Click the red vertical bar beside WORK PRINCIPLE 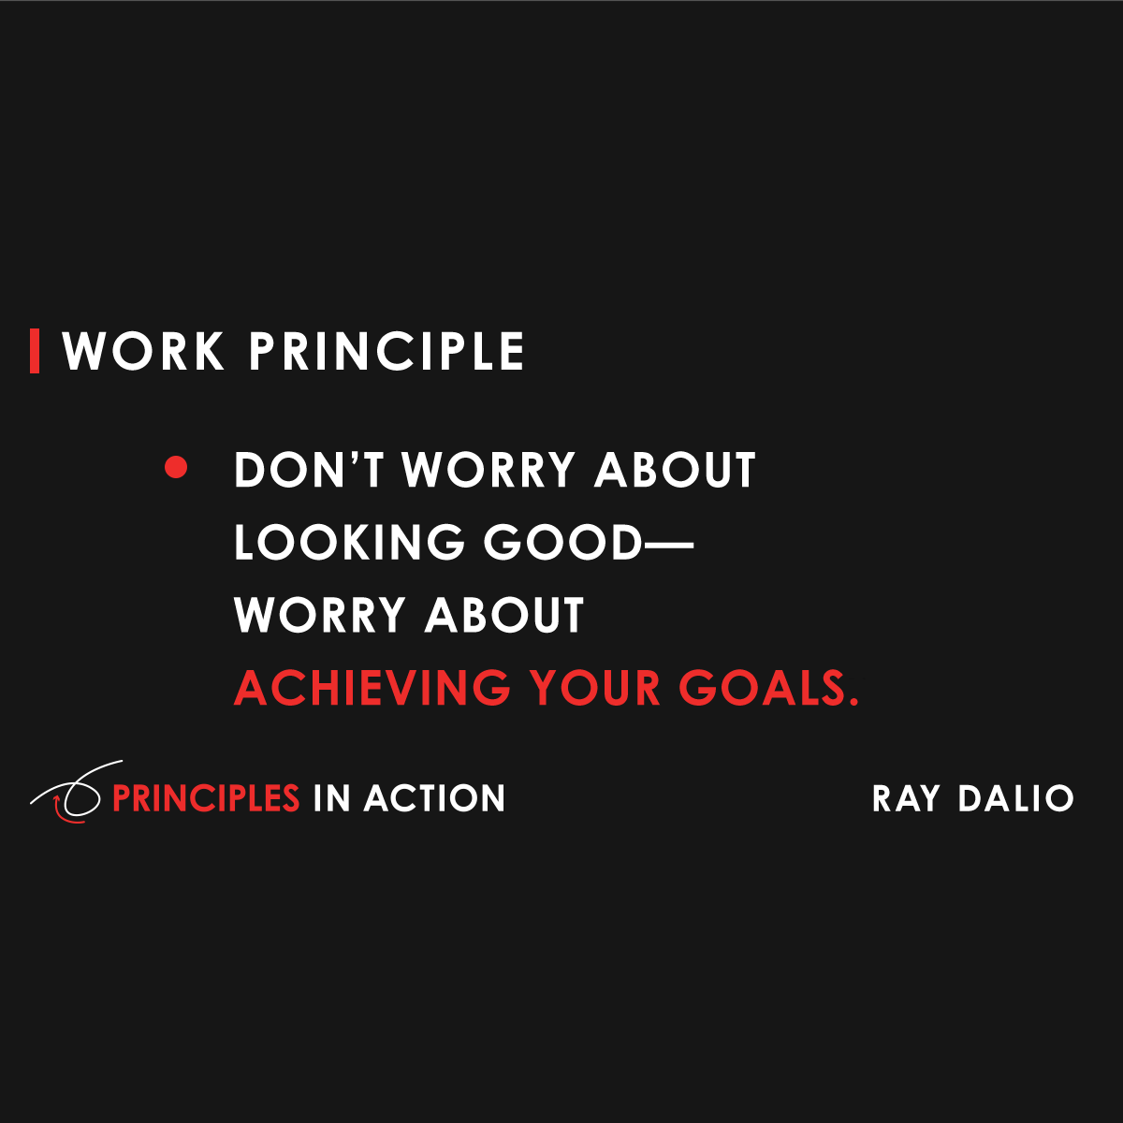(x=35, y=351)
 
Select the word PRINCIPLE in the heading (x=386, y=352)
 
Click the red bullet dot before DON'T (x=176, y=467)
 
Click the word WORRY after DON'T (x=489, y=470)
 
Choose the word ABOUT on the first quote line (x=675, y=470)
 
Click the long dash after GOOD (x=668, y=543)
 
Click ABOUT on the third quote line (x=504, y=615)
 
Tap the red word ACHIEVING (x=372, y=688)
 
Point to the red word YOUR (x=595, y=688)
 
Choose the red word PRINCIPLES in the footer (x=206, y=798)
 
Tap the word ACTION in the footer (x=434, y=798)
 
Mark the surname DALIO (x=1015, y=798)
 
